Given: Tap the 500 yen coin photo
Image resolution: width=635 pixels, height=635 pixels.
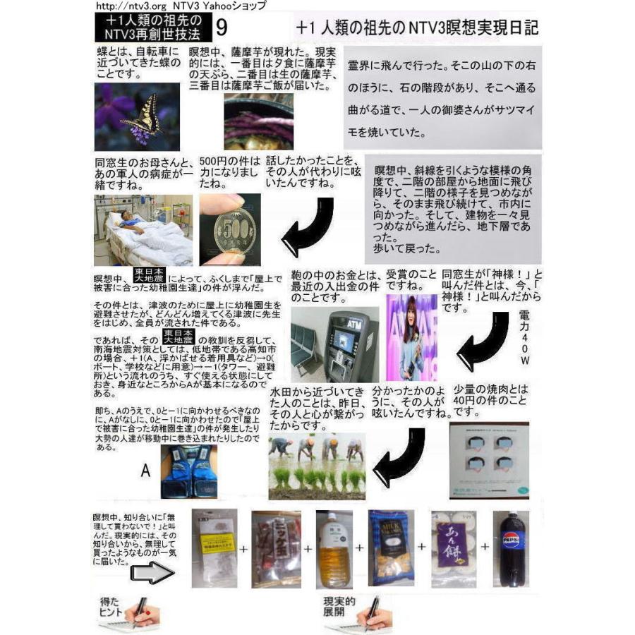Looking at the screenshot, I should tap(229, 229).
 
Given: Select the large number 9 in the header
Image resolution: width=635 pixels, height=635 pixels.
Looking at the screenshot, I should tap(222, 28).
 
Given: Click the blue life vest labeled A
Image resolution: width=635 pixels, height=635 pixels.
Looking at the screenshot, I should tap(188, 471).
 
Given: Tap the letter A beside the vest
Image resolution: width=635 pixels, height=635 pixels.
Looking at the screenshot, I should tap(145, 471).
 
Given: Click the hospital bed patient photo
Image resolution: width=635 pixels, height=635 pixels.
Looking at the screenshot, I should tap(143, 229).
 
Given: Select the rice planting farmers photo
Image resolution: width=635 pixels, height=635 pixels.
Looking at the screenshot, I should tap(317, 466).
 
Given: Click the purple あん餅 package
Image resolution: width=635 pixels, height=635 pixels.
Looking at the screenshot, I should tap(449, 548).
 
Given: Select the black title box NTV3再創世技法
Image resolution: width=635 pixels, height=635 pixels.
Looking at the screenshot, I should tap(150, 28).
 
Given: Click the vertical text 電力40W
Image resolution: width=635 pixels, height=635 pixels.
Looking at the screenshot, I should tap(523, 337).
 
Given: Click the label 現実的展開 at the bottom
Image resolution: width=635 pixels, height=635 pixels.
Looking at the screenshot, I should tap(338, 607).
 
